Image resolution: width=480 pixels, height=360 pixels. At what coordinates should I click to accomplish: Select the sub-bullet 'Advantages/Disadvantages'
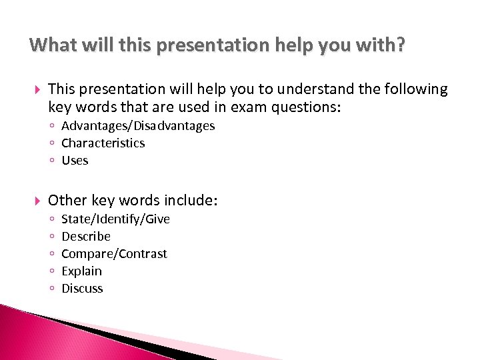pos(138,126)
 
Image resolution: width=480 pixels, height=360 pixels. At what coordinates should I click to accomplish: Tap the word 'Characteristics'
pos(103,143)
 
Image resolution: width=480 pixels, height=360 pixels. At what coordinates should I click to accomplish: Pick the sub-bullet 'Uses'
pos(75,161)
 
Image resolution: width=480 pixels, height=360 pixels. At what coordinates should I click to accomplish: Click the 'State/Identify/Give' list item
pos(115,219)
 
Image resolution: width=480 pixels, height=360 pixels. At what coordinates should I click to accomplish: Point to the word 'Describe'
pos(86,237)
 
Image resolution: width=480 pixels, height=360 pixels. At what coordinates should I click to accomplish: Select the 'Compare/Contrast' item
pos(114,254)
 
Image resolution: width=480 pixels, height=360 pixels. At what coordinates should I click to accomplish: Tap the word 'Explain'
pos(81,271)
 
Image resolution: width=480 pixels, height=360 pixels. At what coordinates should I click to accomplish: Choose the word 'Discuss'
pos(82,289)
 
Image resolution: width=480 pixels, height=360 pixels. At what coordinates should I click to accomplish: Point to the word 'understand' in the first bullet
pos(255,89)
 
